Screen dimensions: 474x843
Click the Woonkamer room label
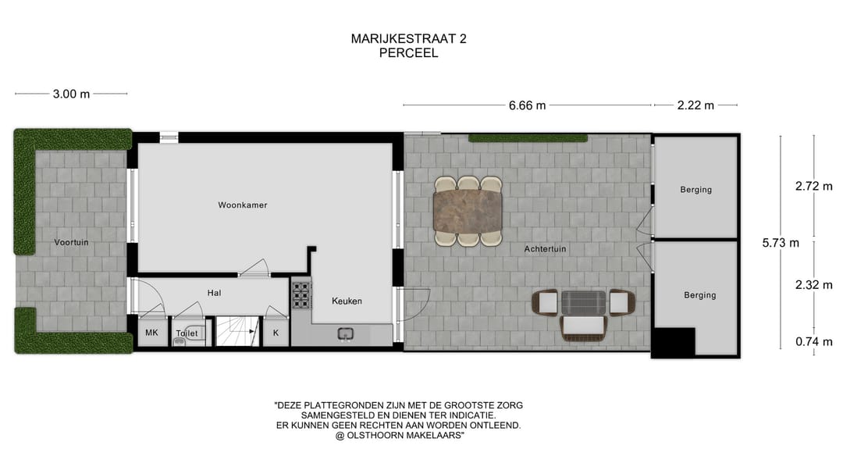pyautogui.click(x=243, y=205)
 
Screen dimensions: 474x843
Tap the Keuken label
pyautogui.click(x=347, y=301)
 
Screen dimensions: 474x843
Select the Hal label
pyautogui.click(x=214, y=293)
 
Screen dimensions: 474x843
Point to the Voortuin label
pyautogui.click(x=71, y=242)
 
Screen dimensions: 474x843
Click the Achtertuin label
pyautogui.click(x=545, y=249)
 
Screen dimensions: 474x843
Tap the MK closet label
pyautogui.click(x=151, y=333)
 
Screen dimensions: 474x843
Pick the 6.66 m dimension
pyautogui.click(x=528, y=105)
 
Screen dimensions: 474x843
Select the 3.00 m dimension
pyautogui.click(x=71, y=94)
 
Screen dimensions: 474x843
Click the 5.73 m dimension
pyautogui.click(x=781, y=242)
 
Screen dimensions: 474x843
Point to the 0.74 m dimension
pyautogui.click(x=813, y=341)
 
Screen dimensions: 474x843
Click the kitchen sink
pyautogui.click(x=345, y=336)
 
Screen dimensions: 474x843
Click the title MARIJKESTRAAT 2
pyautogui.click(x=408, y=38)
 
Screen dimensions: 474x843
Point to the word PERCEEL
pyautogui.click(x=408, y=53)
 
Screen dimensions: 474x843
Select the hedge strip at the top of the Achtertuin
pyautogui.click(x=528, y=138)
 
